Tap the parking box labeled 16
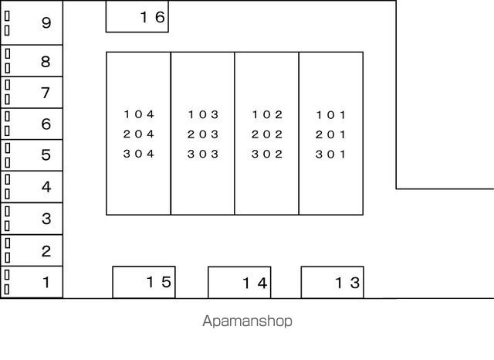pyautogui.click(x=137, y=17)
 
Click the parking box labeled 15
pyautogui.click(x=144, y=282)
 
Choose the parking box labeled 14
pyautogui.click(x=239, y=283)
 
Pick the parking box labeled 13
pyautogui.click(x=332, y=283)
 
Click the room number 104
pyautogui.click(x=139, y=114)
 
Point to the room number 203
pyautogui.click(x=203, y=134)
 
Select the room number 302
pyautogui.click(x=267, y=154)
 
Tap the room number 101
pyautogui.click(x=331, y=114)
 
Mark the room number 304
pyautogui.click(x=139, y=154)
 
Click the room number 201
pyautogui.click(x=331, y=134)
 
